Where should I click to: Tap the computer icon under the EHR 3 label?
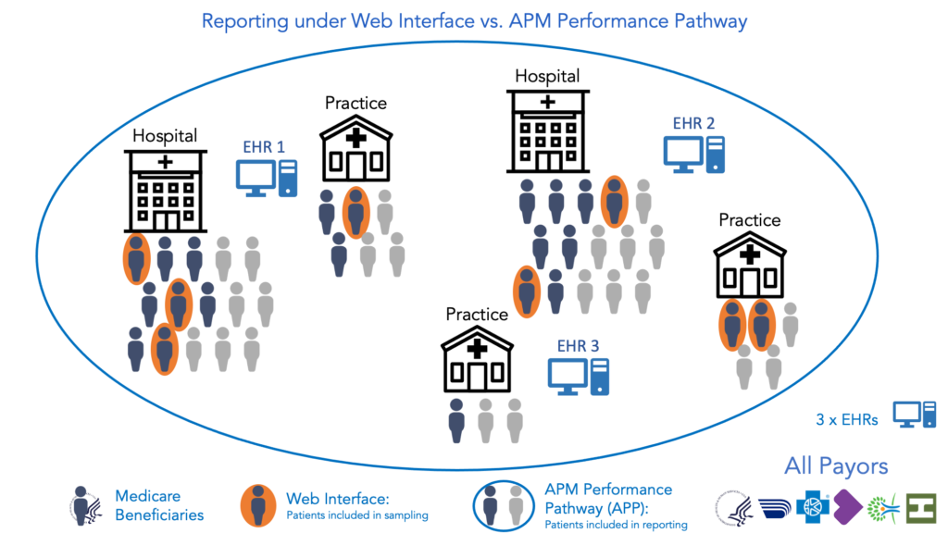coord(579,376)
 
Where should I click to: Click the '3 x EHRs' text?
coord(847,417)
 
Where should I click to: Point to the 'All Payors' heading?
coord(836,465)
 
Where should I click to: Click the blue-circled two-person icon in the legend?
coord(501,504)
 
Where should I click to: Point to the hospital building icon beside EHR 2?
coord(548,130)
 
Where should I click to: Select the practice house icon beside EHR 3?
coord(477,362)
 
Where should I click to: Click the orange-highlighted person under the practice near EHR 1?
coord(356,213)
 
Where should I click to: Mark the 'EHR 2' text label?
coord(694,123)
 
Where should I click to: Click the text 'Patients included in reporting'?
coord(616,525)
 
